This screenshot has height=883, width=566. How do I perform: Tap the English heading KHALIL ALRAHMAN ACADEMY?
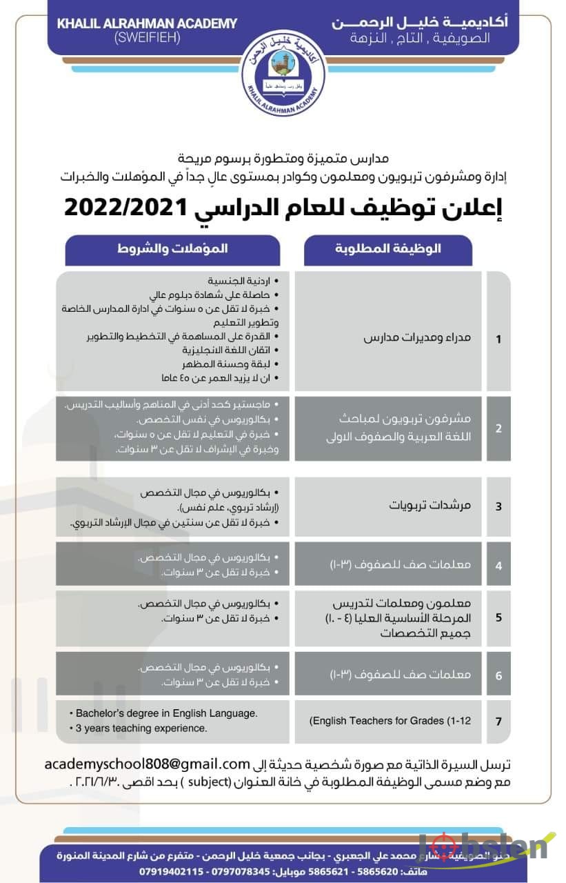click(x=147, y=23)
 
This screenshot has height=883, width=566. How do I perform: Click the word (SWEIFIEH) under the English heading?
click(x=147, y=38)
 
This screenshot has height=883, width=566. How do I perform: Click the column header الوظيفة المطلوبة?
click(x=388, y=248)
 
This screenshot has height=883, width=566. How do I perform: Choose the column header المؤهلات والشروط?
click(x=172, y=248)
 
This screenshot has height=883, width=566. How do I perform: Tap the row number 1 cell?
click(x=498, y=339)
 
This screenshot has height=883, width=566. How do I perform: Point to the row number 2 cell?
click(x=498, y=428)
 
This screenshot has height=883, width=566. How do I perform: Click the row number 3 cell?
click(x=498, y=506)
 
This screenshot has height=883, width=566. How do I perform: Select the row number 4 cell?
click(x=498, y=564)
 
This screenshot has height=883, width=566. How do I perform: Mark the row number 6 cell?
click(x=498, y=675)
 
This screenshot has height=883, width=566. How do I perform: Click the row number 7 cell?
click(x=498, y=721)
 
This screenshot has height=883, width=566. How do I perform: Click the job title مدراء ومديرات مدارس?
click(x=418, y=339)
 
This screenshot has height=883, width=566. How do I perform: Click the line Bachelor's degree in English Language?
click(x=163, y=713)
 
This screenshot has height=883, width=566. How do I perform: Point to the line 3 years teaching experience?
click(x=138, y=728)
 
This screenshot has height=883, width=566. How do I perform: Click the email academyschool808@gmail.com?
click(x=146, y=764)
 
